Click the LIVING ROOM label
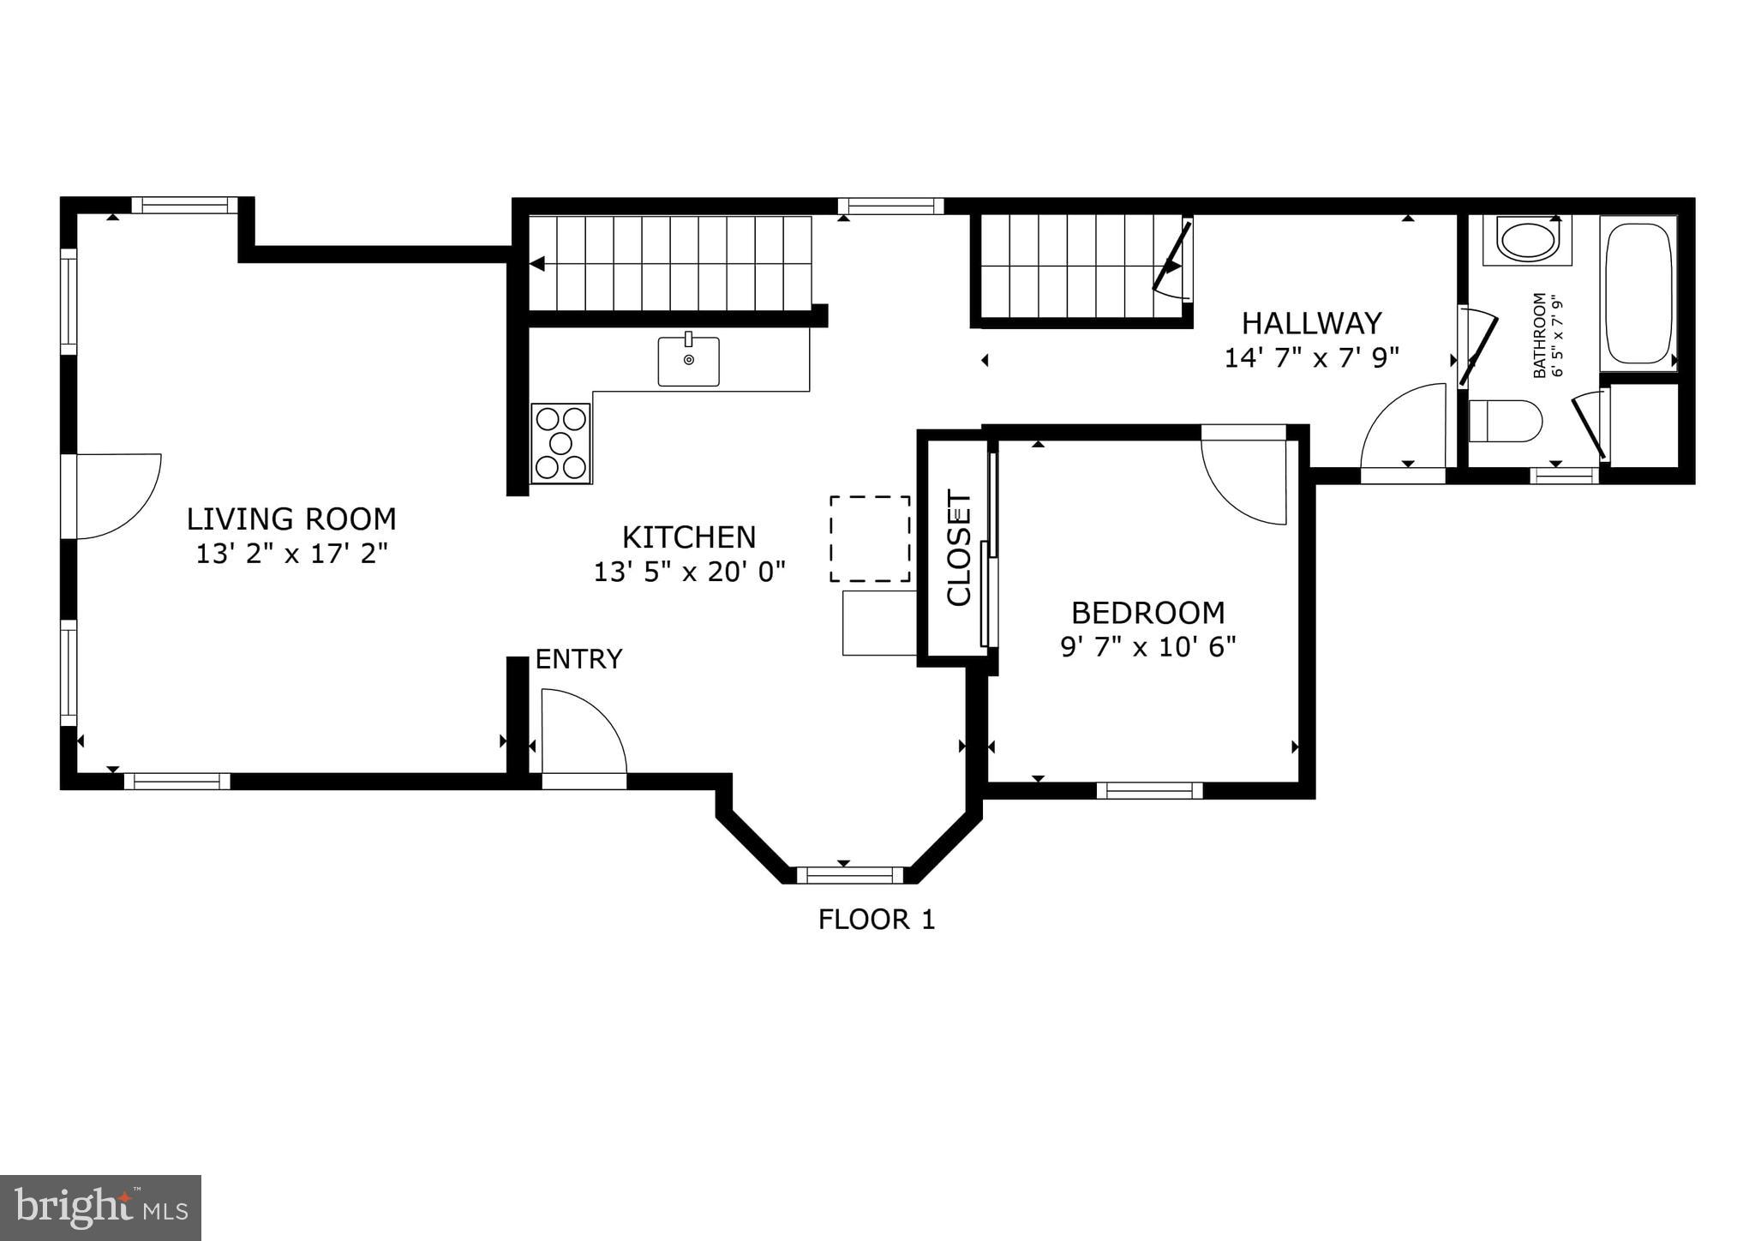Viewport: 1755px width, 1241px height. click(x=291, y=519)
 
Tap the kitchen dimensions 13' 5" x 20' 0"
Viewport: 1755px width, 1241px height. click(x=689, y=572)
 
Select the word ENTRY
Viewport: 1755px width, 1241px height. click(x=578, y=659)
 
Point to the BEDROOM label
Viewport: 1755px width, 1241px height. click(x=1147, y=613)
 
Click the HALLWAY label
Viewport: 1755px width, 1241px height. click(x=1311, y=323)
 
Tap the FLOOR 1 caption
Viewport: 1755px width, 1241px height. click(x=876, y=920)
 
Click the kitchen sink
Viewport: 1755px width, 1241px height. click(x=688, y=361)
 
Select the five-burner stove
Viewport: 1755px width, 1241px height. click(x=560, y=443)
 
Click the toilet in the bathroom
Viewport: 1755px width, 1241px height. click(x=1505, y=421)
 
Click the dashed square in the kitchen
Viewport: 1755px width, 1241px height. click(x=869, y=538)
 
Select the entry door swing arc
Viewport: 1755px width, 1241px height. click(x=583, y=733)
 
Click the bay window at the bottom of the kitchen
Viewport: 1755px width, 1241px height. click(x=850, y=875)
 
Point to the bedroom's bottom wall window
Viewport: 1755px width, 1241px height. click(x=1149, y=790)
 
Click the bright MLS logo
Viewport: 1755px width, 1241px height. click(x=100, y=1208)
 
